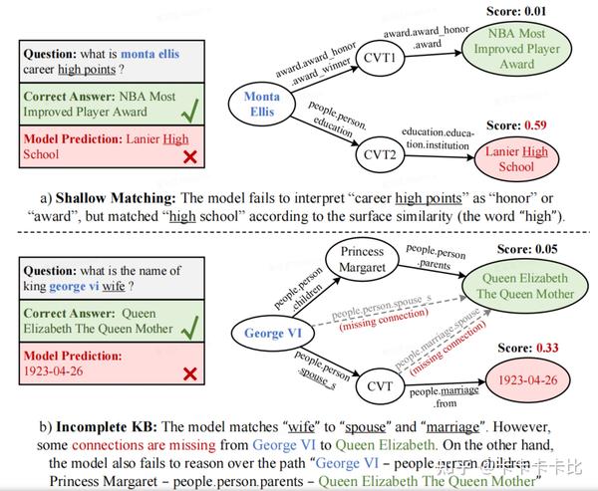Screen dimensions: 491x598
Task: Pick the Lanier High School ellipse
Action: (517, 158)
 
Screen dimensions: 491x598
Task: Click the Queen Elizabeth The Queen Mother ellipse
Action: (525, 286)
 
